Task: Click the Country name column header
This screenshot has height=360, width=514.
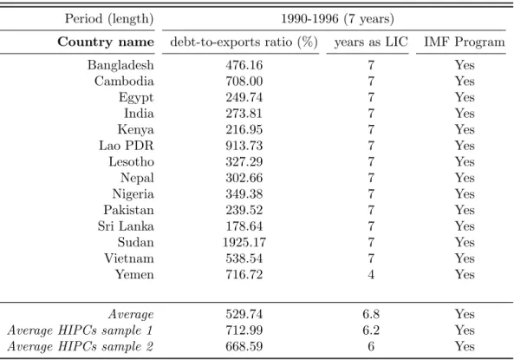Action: [x=106, y=42]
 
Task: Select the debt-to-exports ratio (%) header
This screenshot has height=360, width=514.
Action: [x=244, y=42]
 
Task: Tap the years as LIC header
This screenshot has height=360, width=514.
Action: [x=371, y=43]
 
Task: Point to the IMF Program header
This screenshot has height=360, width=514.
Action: [x=465, y=42]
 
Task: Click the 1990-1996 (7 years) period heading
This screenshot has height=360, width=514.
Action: [x=338, y=19]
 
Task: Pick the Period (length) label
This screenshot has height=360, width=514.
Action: [x=109, y=19]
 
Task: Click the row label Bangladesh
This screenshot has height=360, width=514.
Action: [x=120, y=65]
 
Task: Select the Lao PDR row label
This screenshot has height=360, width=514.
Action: [x=127, y=146]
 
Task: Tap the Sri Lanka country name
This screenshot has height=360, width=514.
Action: [x=126, y=226]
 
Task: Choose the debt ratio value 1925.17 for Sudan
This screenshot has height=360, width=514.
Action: [x=244, y=242]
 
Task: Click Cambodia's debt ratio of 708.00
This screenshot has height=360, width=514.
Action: [x=244, y=81]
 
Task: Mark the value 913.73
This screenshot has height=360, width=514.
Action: [x=244, y=146]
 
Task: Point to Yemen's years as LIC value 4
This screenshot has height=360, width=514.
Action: [x=371, y=274]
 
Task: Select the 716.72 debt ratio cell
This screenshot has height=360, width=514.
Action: [x=244, y=274]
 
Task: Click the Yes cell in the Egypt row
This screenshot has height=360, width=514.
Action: [x=465, y=97]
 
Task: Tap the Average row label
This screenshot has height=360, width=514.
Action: [x=131, y=314]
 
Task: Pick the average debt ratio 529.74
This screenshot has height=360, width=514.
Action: [x=244, y=314]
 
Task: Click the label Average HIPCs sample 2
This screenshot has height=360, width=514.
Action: [x=81, y=346]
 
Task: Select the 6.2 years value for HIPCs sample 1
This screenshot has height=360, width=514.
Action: [x=371, y=331]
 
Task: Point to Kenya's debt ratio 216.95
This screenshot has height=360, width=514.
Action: [x=244, y=129]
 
